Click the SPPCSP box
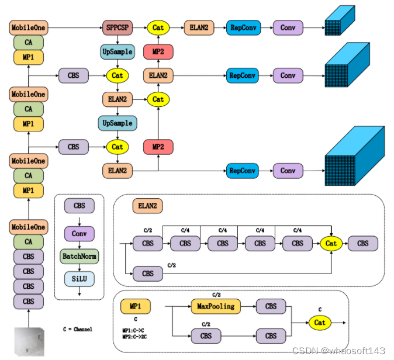[117, 27]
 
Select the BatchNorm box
[79, 256]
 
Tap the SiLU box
[79, 279]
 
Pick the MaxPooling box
[216, 306]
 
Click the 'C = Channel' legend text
[78, 330]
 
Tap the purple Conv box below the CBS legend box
[79, 234]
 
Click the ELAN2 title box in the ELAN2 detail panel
[147, 206]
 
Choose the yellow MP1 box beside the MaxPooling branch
[136, 306]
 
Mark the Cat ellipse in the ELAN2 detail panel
[331, 243]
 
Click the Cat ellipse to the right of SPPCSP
[158, 27]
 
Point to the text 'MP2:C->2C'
[135, 337]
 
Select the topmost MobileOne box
[29, 27]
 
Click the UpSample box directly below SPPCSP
[117, 51]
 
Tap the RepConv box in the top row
[243, 27]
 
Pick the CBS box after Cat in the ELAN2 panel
[363, 243]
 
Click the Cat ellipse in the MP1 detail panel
[320, 322]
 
